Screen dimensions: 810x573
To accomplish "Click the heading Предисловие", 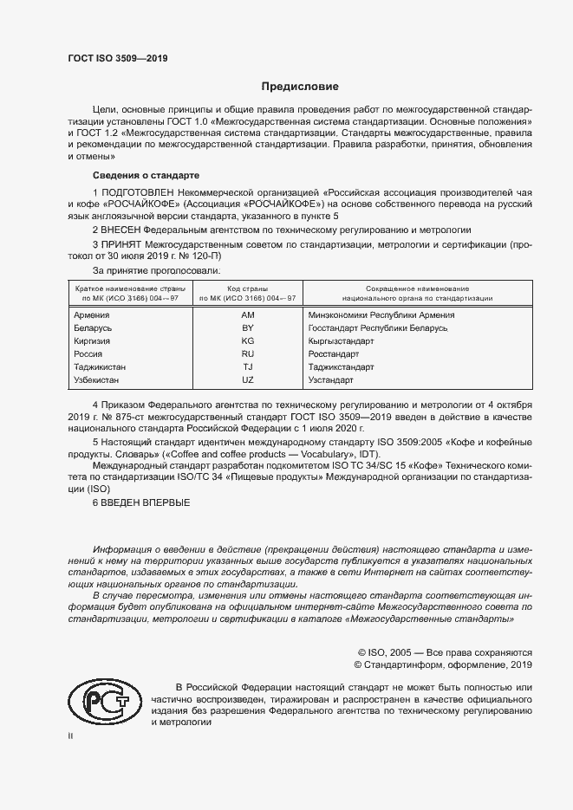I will click(300, 87).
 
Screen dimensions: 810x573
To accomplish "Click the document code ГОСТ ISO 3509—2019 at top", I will click(117, 58).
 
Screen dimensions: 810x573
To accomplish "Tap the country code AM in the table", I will click(247, 315).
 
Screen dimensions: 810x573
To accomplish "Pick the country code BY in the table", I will click(247, 328).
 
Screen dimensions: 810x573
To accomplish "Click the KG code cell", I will click(247, 341).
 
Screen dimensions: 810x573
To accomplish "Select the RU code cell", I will click(247, 354).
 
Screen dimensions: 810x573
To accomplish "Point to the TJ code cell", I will click(247, 367).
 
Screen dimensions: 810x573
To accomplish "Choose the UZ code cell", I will click(247, 380).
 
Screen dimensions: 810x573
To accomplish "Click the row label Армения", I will click(92, 315).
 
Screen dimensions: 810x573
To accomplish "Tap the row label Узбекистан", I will click(97, 380).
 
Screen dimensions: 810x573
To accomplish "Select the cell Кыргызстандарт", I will click(341, 341).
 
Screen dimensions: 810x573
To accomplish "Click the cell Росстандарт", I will click(334, 354).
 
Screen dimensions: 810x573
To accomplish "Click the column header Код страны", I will click(247, 288).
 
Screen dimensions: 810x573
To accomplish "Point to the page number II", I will click(71, 735).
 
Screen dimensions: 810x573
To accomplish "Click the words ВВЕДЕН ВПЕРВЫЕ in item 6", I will click(145, 503).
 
